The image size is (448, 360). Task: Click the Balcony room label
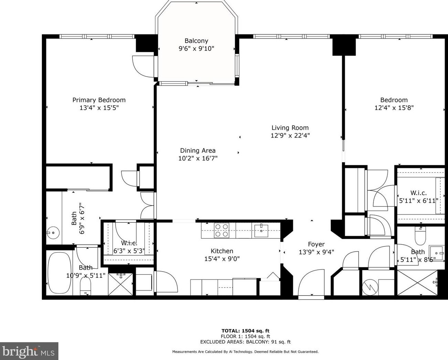click(x=196, y=41)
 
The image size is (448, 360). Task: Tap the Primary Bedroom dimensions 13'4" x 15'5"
click(x=99, y=108)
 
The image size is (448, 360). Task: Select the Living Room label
click(x=290, y=128)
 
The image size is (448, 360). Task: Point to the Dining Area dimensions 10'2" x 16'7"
click(x=198, y=158)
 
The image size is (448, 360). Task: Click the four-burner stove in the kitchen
click(x=221, y=230)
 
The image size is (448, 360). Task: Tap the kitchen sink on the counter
click(x=261, y=231)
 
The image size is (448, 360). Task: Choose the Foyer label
click(x=316, y=244)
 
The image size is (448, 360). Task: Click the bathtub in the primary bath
click(x=59, y=273)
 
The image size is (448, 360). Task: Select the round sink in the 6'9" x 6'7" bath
click(x=53, y=232)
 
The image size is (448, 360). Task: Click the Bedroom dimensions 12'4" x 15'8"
click(x=394, y=108)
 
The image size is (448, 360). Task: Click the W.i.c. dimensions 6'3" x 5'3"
click(x=129, y=251)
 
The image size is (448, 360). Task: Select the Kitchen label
click(x=222, y=251)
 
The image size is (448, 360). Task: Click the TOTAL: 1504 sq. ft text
click(x=245, y=331)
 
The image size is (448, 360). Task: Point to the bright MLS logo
click(x=29, y=351)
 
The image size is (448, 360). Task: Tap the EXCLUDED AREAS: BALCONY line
click(x=245, y=342)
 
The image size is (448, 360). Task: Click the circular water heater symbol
click(x=370, y=288)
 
